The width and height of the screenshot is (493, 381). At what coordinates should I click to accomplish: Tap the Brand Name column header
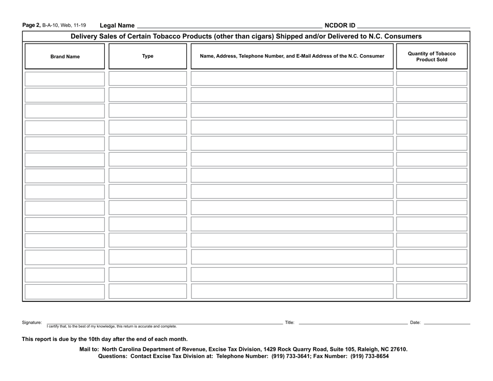(x=65, y=56)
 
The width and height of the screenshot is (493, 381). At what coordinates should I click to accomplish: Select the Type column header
(x=148, y=56)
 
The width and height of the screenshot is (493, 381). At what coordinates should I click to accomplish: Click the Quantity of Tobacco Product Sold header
(x=432, y=56)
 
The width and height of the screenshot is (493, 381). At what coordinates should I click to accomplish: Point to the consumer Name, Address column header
(x=292, y=56)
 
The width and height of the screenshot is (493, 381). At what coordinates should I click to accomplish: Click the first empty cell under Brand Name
(x=65, y=78)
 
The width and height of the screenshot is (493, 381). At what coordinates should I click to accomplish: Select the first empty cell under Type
(x=148, y=78)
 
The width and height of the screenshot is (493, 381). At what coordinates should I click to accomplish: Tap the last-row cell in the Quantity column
(x=432, y=291)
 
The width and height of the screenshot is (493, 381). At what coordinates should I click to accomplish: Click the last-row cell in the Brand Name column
(x=65, y=291)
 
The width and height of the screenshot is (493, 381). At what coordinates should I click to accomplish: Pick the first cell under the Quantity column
(x=432, y=78)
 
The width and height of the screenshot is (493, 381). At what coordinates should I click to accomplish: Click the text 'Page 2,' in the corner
(x=31, y=25)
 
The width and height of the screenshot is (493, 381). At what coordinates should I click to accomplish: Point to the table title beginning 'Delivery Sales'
(x=246, y=36)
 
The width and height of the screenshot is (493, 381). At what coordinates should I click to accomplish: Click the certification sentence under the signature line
(x=112, y=326)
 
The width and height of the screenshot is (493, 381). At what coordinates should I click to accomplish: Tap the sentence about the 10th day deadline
(x=104, y=339)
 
